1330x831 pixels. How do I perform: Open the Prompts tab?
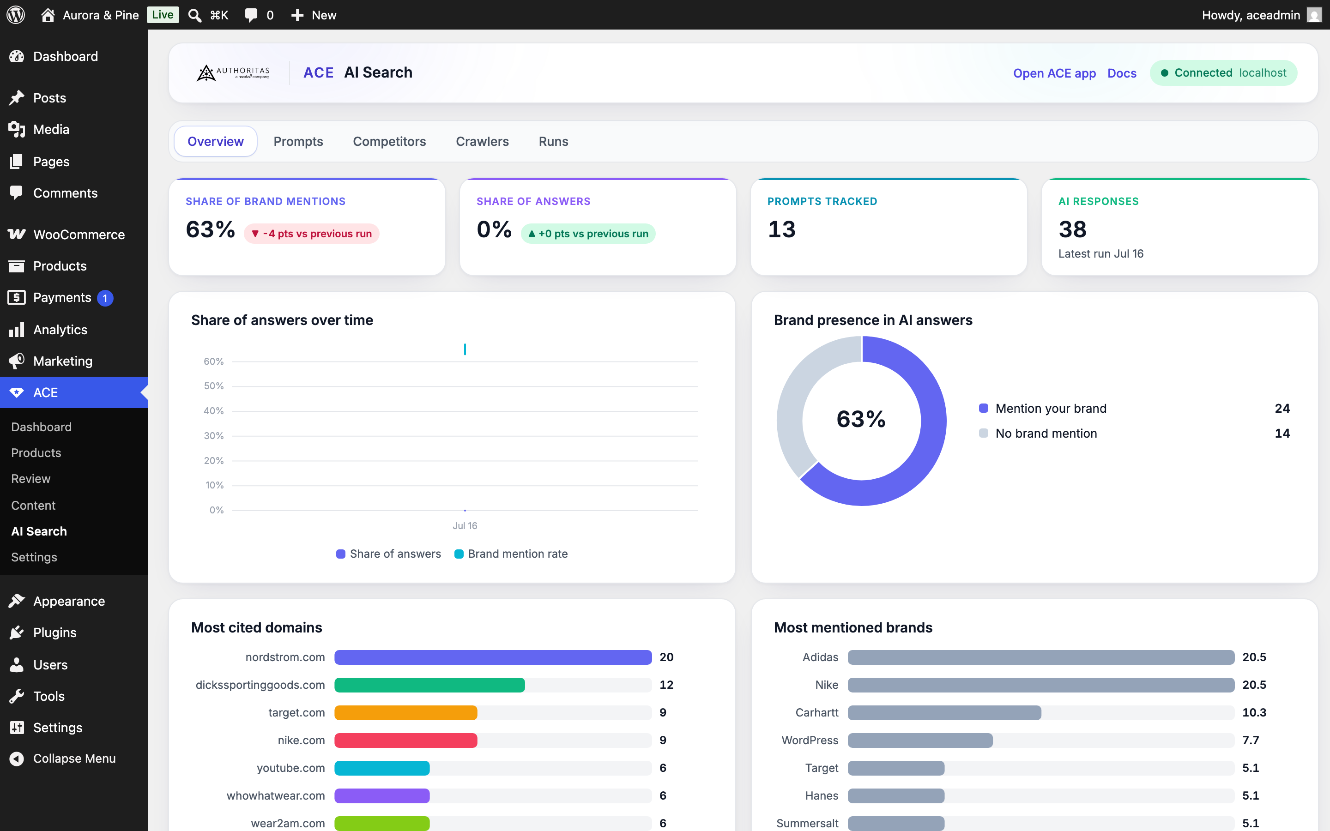pos(298,141)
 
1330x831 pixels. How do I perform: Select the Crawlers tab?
pos(482,141)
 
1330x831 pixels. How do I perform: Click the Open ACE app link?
pos(1054,73)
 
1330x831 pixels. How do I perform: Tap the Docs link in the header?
pos(1122,73)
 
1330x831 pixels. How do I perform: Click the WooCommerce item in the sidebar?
pos(79,234)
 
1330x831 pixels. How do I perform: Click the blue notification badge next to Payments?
pos(105,298)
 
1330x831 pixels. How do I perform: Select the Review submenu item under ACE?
pos(31,479)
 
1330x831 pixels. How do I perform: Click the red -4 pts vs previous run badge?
pos(312,234)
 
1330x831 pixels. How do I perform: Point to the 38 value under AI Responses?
pos(1072,229)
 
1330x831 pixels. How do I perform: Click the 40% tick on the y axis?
pos(214,410)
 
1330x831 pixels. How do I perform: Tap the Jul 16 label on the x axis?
pos(465,525)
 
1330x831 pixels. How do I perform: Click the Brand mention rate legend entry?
pos(511,554)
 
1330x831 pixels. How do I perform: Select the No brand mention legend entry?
pos(1038,433)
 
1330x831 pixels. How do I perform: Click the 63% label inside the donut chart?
pos(861,419)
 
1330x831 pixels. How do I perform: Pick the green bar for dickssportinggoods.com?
pos(430,685)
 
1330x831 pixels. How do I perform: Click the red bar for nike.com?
pos(405,741)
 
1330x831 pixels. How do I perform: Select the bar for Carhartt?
pos(944,712)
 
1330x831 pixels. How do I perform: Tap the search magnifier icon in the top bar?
pos(194,15)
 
